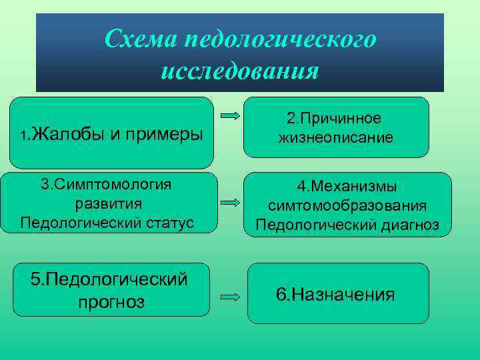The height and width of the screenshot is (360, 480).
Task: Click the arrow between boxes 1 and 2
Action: coord(230,115)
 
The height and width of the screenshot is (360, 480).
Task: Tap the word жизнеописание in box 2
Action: coord(335,138)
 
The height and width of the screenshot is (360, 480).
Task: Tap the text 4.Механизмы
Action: coord(347,188)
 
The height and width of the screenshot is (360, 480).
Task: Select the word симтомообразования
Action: coord(347,207)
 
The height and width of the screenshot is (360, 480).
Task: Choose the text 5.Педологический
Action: coord(109,280)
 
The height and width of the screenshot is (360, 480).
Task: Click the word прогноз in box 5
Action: coord(111,302)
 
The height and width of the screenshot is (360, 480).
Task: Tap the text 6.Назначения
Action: coord(335,294)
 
